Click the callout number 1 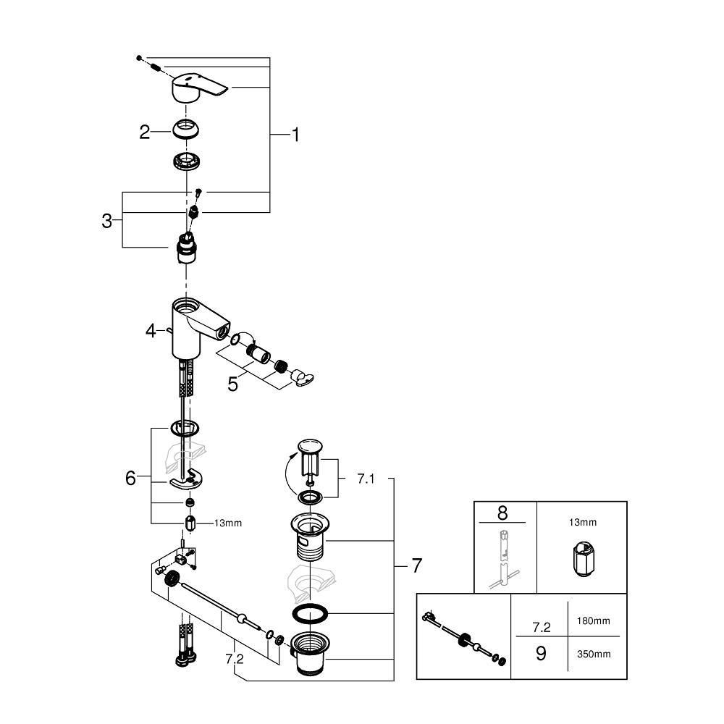[x=295, y=135]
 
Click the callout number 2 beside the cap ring [x=144, y=132]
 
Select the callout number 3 [x=107, y=221]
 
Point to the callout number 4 [x=151, y=331]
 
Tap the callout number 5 [x=232, y=384]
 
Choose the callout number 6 [x=130, y=478]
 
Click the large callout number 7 [x=416, y=565]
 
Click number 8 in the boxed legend [x=502, y=513]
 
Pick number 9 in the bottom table [x=540, y=653]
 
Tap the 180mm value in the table [x=593, y=620]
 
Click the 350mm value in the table [x=593, y=654]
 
